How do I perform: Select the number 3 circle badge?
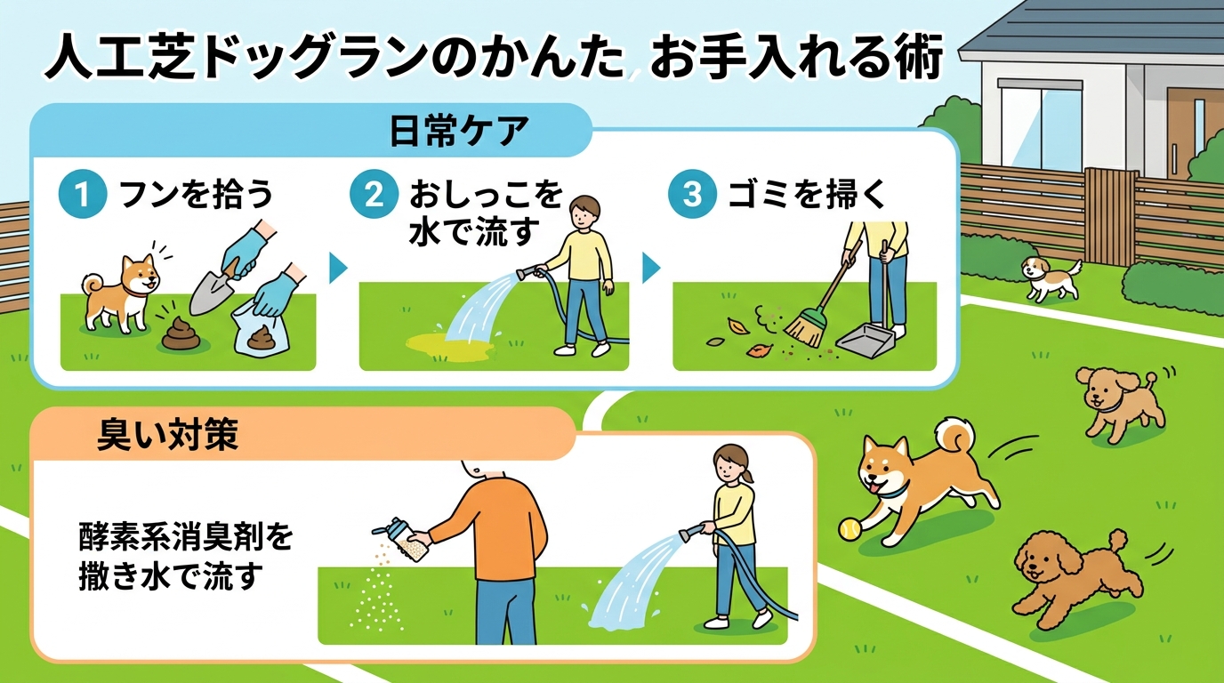690,196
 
